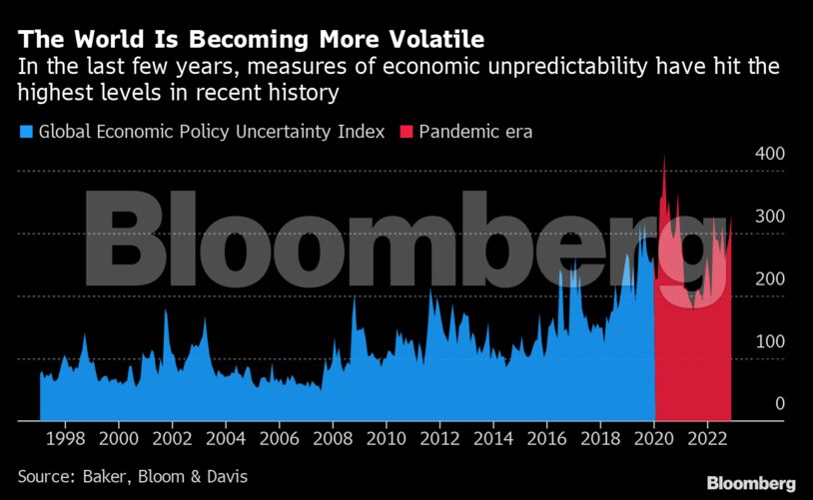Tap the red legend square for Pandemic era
tap(406, 132)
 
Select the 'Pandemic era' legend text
tap(474, 132)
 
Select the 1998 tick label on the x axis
tap(65, 438)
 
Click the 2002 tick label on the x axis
tap(172, 438)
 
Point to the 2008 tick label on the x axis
tap(333, 438)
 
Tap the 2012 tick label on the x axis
tap(439, 438)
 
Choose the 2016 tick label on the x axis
tap(546, 438)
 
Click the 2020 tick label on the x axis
tap(653, 438)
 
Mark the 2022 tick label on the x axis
tap(707, 438)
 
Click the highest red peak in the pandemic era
tap(664, 158)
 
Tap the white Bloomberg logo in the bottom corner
tap(751, 483)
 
